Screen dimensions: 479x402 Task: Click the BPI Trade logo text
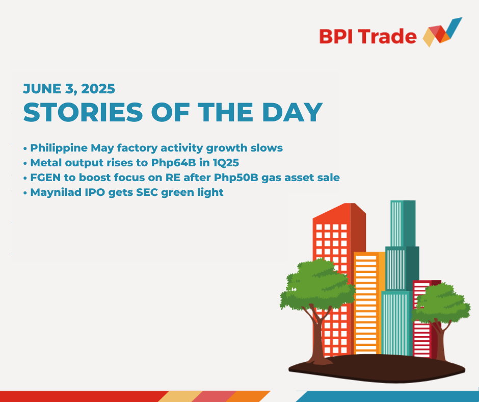[x=368, y=36]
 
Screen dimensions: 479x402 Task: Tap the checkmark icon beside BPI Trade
[x=442, y=33]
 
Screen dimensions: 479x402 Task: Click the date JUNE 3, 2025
[x=69, y=89]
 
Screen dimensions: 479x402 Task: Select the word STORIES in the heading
[x=83, y=112]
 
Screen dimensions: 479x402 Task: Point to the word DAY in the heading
[x=292, y=112]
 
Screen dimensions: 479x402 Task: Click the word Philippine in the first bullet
[x=59, y=148]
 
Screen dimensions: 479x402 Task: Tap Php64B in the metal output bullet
[x=174, y=163]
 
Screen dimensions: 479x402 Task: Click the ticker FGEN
[x=45, y=178]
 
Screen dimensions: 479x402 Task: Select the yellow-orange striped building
[x=369, y=303]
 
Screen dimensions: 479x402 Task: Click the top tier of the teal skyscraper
[x=403, y=223]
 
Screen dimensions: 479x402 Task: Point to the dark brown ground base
[x=377, y=368]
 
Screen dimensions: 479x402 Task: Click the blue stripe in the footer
[x=388, y=396]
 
